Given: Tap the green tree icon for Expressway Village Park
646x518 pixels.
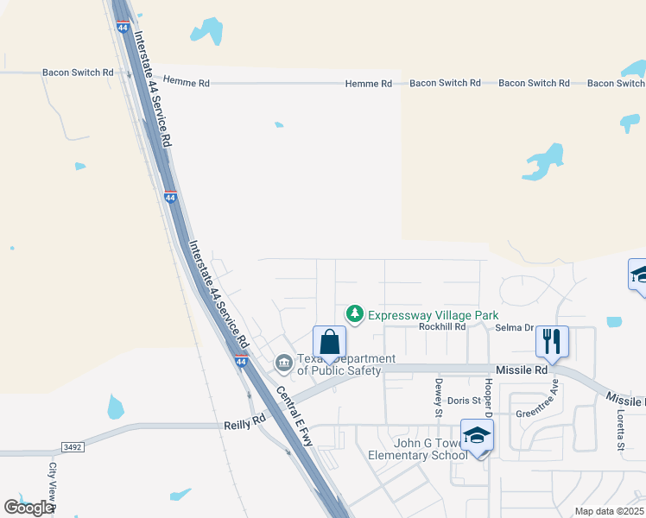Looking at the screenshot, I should coord(353,313).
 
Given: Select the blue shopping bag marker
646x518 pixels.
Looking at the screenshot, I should coord(329,342).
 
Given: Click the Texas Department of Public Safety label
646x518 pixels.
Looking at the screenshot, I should coord(339,364).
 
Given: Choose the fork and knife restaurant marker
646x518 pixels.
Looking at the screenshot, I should coord(552,342).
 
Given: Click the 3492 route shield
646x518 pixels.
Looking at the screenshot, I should coord(73,446).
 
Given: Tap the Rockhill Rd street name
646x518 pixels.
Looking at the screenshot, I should coord(442,327).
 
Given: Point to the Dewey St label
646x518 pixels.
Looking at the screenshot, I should coord(439,395).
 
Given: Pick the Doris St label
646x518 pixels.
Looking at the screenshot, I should coord(464,401).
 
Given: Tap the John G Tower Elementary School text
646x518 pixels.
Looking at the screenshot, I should coord(417,449).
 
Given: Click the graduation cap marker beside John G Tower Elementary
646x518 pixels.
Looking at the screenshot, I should coord(477,436).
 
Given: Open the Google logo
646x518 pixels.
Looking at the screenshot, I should coord(28,508).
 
